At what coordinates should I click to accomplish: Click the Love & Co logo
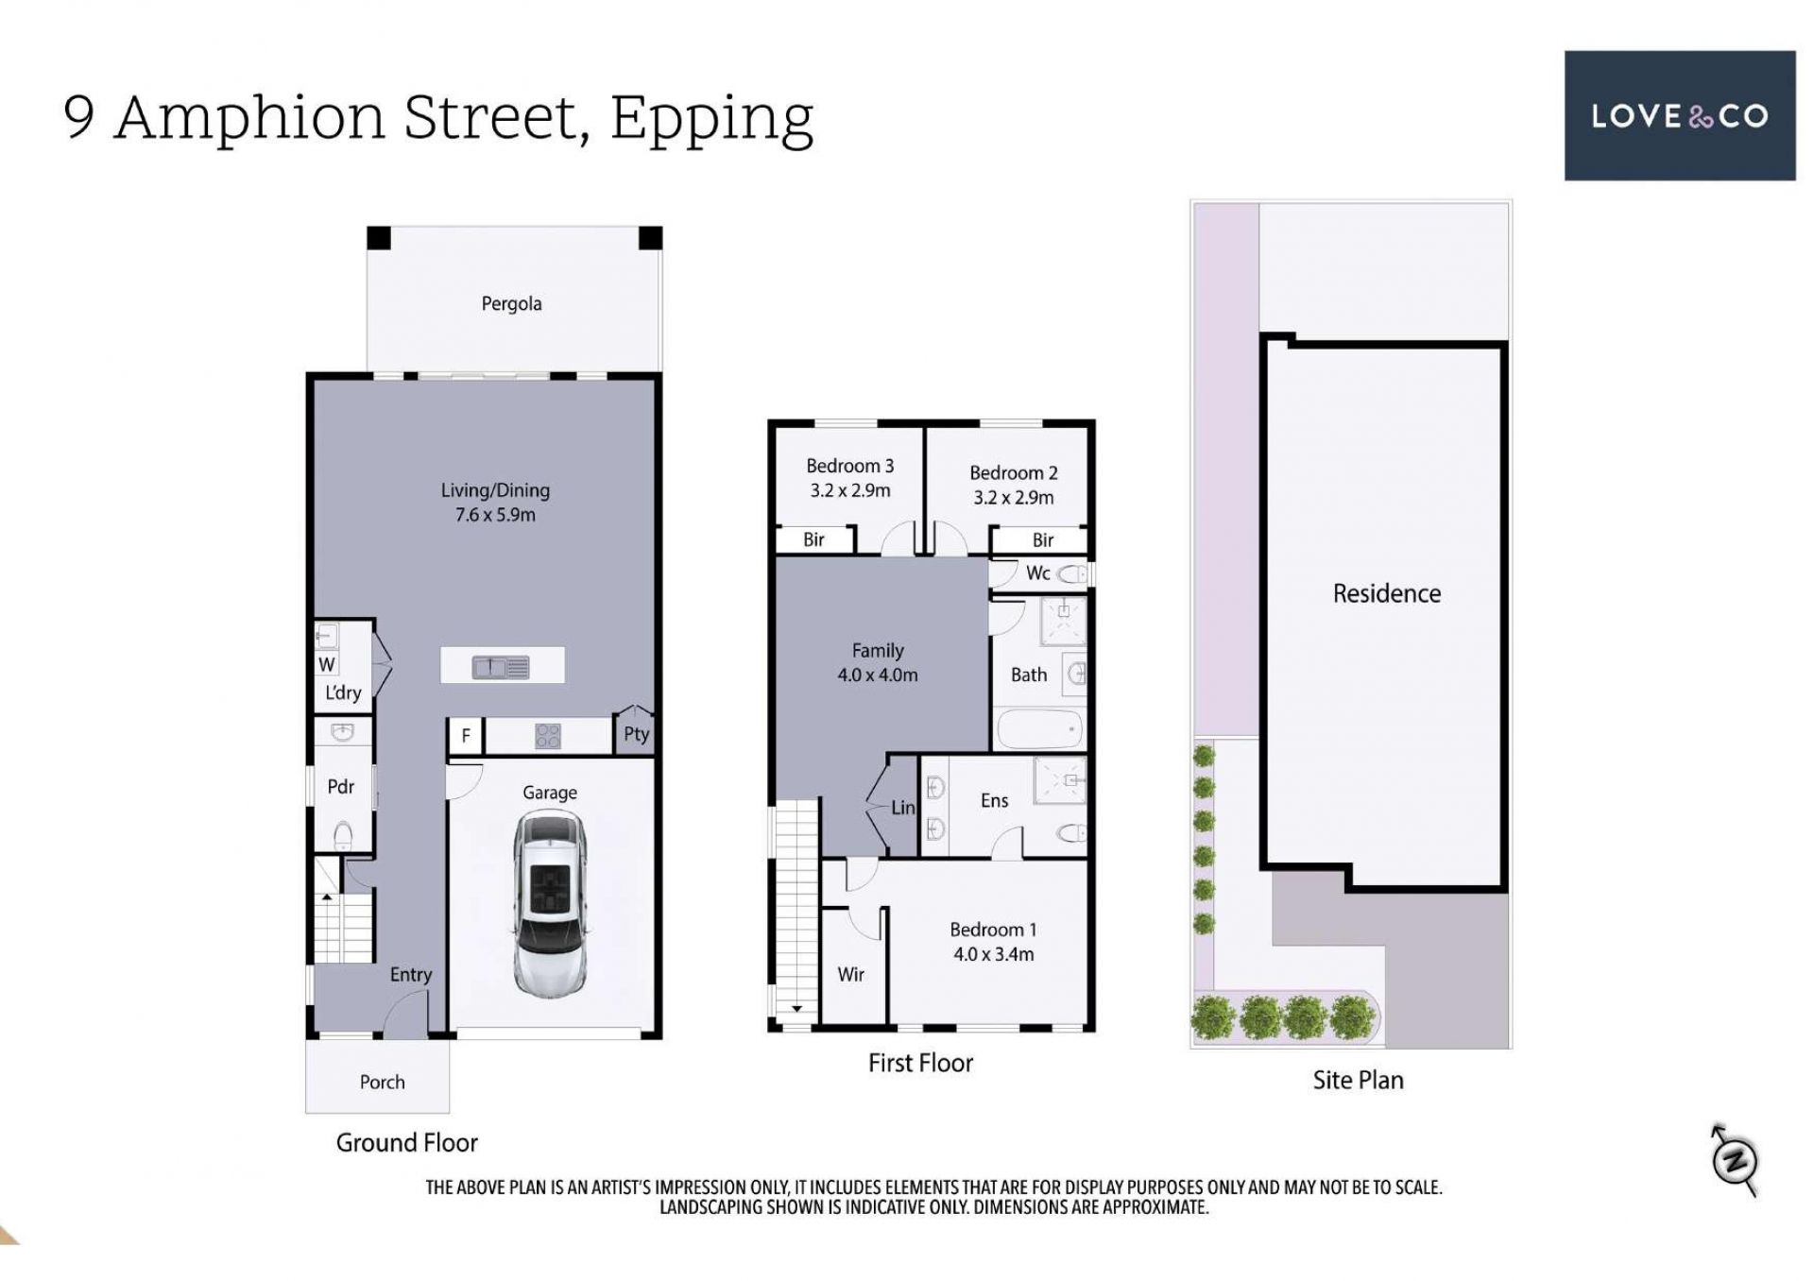[1679, 115]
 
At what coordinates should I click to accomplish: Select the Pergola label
[511, 303]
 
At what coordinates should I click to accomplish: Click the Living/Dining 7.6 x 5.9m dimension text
[495, 515]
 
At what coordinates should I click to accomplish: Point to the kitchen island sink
[501, 668]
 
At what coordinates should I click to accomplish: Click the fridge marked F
[466, 736]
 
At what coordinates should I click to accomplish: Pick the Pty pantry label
[636, 734]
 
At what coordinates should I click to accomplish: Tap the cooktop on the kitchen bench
[548, 736]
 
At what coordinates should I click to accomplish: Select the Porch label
[382, 1082]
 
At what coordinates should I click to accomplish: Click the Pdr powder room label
[340, 786]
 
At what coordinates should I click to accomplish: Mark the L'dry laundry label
[343, 692]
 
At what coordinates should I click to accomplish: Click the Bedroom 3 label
[849, 466]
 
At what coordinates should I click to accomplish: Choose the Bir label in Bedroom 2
[1043, 539]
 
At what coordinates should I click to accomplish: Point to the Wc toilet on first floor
[1072, 573]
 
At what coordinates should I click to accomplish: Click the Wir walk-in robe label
[850, 974]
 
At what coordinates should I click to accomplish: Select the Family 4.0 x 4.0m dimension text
[877, 675]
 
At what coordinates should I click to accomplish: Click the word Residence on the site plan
[1387, 593]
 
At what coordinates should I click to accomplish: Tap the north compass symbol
[1735, 1160]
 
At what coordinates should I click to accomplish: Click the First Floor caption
[920, 1063]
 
